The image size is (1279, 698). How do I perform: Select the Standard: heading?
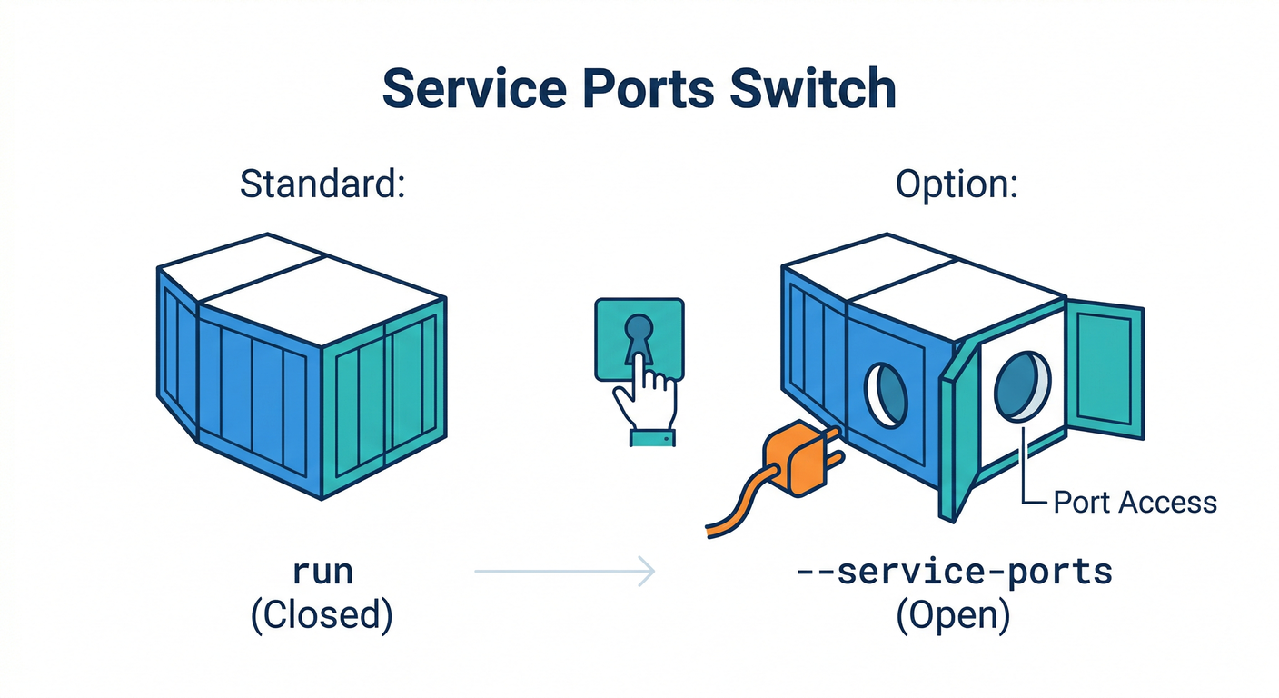[x=322, y=184]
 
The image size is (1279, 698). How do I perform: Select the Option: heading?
[x=957, y=184]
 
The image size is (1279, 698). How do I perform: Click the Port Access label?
[x=1134, y=502]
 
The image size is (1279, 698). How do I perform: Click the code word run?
[x=322, y=573]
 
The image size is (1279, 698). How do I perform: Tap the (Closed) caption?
[x=322, y=615]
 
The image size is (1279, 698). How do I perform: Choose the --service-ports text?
[x=954, y=573]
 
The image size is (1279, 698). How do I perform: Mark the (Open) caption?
[x=954, y=615]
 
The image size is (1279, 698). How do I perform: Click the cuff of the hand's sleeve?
[x=652, y=438]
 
